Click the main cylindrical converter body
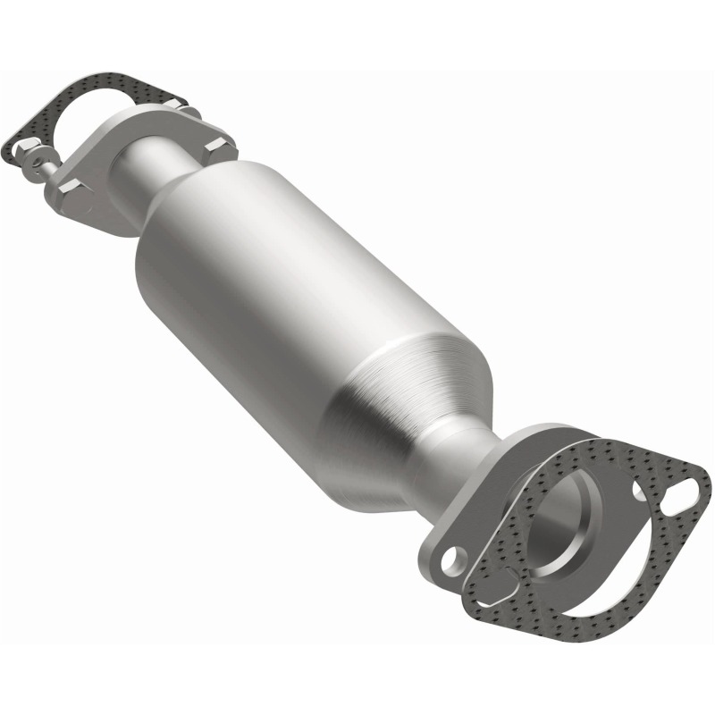click(x=295, y=295)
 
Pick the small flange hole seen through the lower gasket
click(x=639, y=490)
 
